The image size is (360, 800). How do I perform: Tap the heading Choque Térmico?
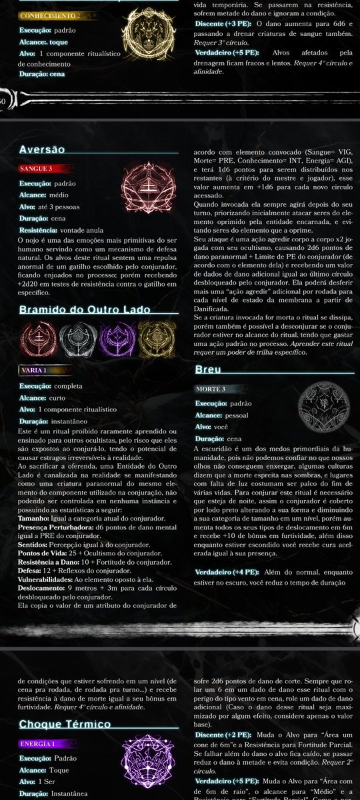point(65,724)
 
